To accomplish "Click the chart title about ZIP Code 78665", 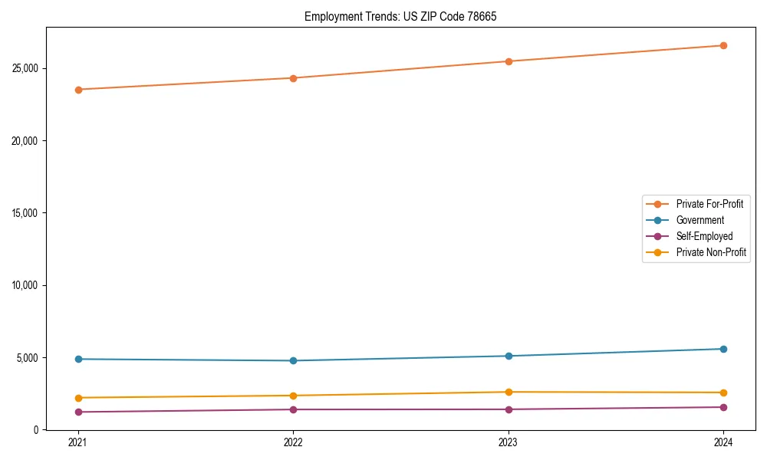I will pos(400,16).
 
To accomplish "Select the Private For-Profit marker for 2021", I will pos(78,90).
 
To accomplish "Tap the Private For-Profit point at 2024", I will pos(723,45).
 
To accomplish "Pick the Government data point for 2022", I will pos(293,360).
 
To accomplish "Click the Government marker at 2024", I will pos(723,349).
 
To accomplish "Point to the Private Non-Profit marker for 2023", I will pos(509,392).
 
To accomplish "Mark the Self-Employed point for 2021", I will pos(78,412).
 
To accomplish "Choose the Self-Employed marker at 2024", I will pos(723,407).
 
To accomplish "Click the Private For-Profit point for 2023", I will pos(509,61).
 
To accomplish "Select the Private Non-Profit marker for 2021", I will pos(78,398).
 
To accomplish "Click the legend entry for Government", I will pos(700,220).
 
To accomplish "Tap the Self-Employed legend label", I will pos(704,236).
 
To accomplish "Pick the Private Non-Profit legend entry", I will pos(711,252).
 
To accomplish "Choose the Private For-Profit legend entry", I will pos(709,204).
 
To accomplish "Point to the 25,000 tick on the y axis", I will pos(25,68).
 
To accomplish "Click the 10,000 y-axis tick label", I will pos(25,285).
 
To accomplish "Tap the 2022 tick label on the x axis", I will pos(293,442).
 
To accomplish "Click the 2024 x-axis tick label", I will pos(723,442).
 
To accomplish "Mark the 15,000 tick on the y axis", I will pos(25,213).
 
